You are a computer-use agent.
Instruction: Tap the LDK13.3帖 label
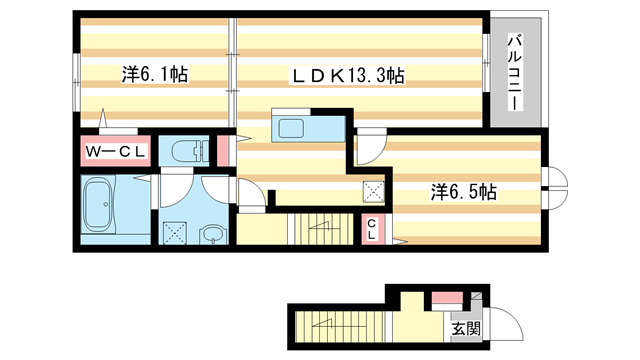347,73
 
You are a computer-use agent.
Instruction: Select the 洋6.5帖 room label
465,190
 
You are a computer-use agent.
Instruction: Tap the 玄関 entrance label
466,327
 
